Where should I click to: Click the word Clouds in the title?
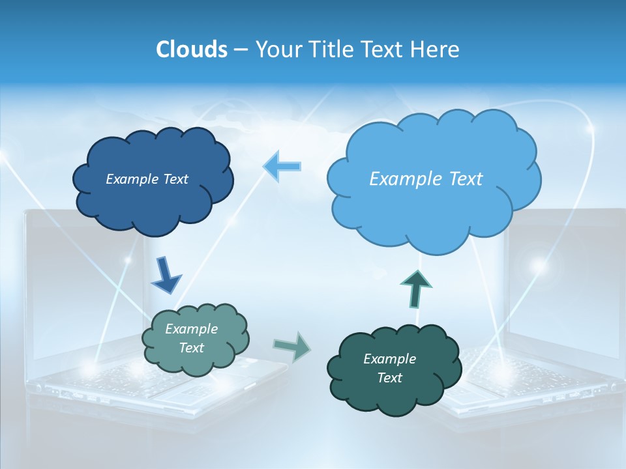pos(191,49)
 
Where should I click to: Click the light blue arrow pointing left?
pos(282,166)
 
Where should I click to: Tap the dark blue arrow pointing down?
pos(166,277)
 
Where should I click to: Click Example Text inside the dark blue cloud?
pos(147,179)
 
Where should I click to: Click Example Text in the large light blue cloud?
pos(426,178)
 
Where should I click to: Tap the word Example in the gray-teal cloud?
pos(191,329)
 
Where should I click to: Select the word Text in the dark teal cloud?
pos(389,378)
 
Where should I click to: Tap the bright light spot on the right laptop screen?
pos(539,265)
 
